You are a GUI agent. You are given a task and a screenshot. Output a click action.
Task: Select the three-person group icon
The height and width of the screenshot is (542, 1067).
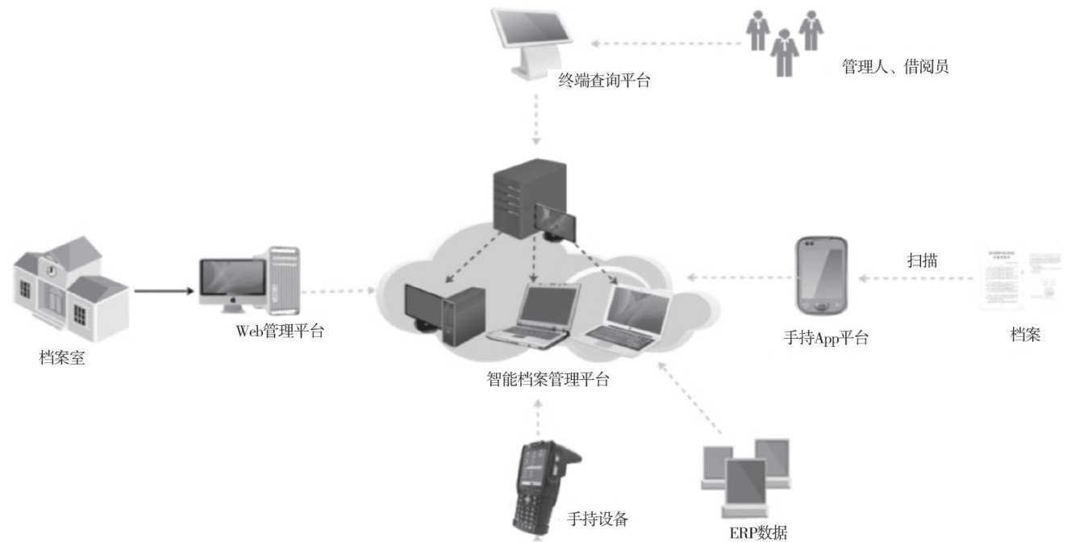783,41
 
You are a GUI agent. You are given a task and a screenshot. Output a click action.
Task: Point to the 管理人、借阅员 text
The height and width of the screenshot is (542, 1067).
895,67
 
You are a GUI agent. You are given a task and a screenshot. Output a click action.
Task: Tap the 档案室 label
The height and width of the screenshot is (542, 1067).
62,357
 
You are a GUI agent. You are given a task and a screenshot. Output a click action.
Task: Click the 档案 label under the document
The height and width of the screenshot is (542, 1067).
1025,334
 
